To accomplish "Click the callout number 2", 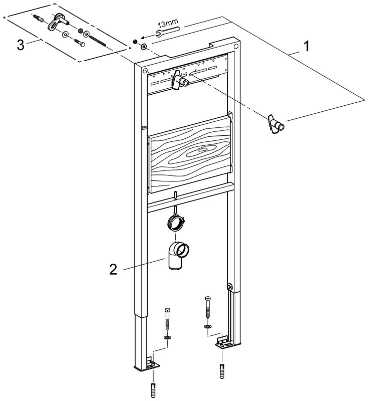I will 114,270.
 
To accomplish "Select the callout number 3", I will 21,45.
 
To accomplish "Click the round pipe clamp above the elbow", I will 176,222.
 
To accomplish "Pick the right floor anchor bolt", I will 207,308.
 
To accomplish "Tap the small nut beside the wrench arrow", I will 135,41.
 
